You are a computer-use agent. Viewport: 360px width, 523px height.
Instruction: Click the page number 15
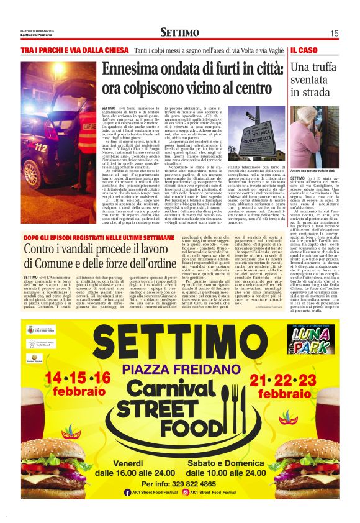(334, 34)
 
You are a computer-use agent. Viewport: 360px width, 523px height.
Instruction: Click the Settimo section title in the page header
(179, 32)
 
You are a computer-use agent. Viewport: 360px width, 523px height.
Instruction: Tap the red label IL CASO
(304, 49)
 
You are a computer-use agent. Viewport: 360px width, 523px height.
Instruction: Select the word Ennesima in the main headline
(133, 69)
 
